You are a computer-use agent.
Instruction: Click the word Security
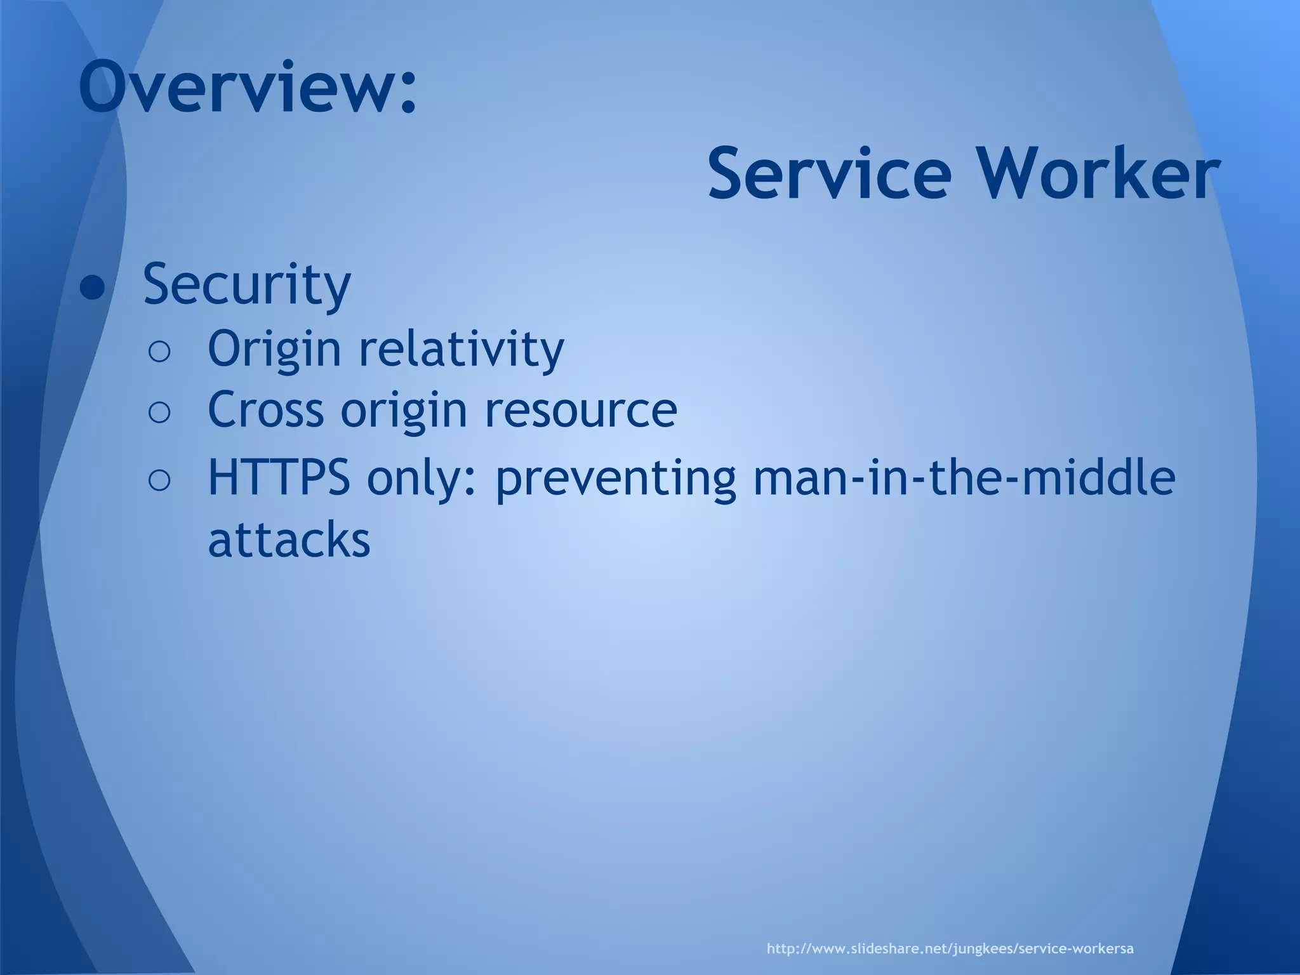point(246,284)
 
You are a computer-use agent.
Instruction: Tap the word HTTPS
point(279,478)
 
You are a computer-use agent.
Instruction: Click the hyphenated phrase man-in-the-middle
point(964,477)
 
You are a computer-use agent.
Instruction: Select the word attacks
point(289,540)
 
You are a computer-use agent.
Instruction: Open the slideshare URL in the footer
point(950,931)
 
